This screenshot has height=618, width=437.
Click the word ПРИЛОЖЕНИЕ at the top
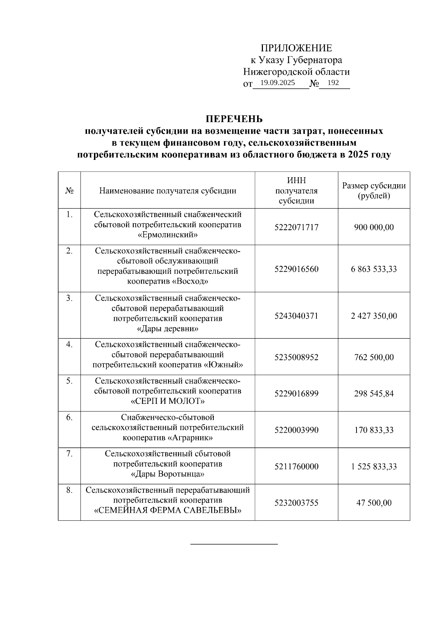[296, 48]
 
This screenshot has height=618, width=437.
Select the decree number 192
[333, 83]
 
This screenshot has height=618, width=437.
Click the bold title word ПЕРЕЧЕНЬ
[234, 119]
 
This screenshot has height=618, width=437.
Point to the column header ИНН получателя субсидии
[296, 190]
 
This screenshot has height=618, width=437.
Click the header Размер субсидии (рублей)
[374, 190]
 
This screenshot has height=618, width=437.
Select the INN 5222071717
[296, 227]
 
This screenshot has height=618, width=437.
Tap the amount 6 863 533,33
[374, 269]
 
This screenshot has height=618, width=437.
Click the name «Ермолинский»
[168, 235]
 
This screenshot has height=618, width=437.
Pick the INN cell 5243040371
[296, 316]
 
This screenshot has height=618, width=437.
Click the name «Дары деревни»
[168, 329]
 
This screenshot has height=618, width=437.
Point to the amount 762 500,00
[374, 357]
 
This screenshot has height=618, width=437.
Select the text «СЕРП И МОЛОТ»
[168, 401]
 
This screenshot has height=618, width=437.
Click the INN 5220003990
[296, 430]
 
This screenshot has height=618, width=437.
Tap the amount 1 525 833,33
[374, 467]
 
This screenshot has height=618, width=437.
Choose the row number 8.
[69, 491]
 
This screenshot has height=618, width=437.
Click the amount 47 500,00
[374, 503]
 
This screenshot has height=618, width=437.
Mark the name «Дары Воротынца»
[168, 474]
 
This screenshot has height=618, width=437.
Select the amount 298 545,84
[374, 394]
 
